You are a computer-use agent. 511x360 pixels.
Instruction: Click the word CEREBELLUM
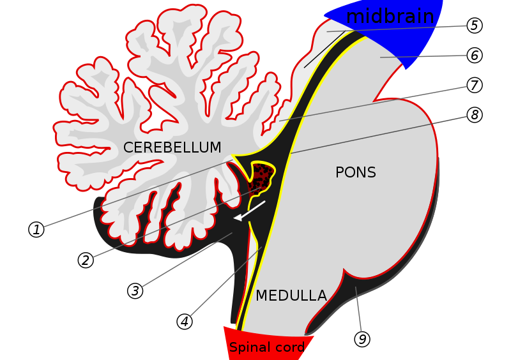tap(172, 147)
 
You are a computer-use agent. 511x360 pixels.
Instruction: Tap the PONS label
tap(355, 172)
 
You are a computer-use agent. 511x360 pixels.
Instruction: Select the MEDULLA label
tap(291, 296)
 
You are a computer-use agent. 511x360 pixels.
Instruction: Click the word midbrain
tap(390, 17)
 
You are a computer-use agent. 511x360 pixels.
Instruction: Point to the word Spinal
tap(248, 348)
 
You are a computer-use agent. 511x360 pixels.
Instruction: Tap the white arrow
tap(250, 211)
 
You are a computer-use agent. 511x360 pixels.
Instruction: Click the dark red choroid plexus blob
tap(260, 179)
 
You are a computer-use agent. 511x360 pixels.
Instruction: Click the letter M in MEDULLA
tap(261, 296)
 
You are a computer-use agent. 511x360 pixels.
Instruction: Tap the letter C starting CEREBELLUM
tap(128, 147)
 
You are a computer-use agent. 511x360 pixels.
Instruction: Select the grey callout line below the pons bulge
tap(358, 309)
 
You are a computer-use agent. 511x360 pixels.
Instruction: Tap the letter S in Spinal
tap(233, 348)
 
